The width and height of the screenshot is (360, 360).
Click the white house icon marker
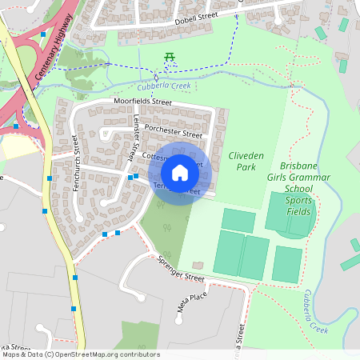point(180,172)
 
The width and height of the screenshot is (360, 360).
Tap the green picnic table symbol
point(170,56)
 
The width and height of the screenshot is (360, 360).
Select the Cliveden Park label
point(242,162)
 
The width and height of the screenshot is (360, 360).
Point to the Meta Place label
point(193,299)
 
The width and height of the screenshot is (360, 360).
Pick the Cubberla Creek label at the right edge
point(316,312)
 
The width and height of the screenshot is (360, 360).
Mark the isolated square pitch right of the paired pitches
point(287,263)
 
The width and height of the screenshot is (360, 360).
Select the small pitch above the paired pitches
point(238,220)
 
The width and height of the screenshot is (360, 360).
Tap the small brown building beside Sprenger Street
point(198,265)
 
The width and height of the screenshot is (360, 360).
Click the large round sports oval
point(289,214)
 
